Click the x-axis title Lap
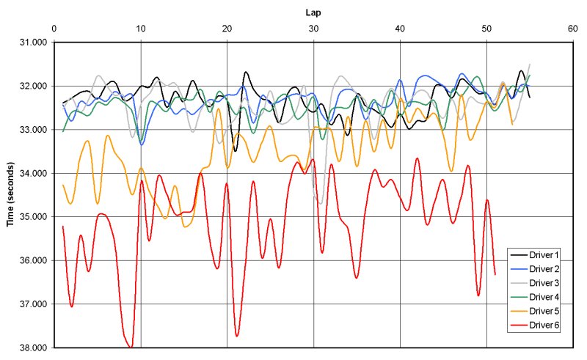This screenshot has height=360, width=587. (313, 12)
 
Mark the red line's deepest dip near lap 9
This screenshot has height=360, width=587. (131, 346)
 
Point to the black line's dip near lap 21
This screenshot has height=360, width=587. (236, 150)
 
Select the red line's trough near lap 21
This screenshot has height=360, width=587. (237, 336)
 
